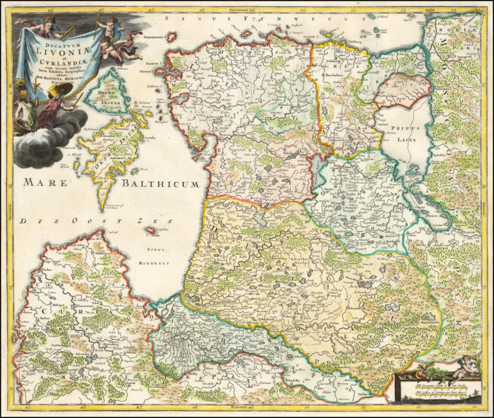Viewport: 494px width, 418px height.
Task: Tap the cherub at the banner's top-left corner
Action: click(x=44, y=24)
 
